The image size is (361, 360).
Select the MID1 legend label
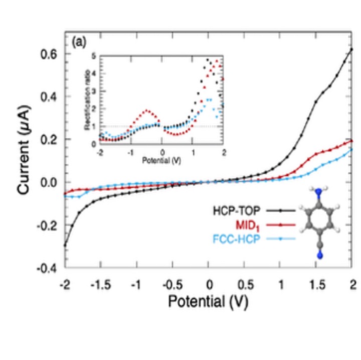point(246,225)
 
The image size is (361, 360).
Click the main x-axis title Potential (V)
point(208,302)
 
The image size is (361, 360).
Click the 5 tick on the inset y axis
point(94,56)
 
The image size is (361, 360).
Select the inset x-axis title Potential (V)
point(161,161)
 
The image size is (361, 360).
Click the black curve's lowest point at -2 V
point(65,245)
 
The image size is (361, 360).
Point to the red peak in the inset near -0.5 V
point(147,110)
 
